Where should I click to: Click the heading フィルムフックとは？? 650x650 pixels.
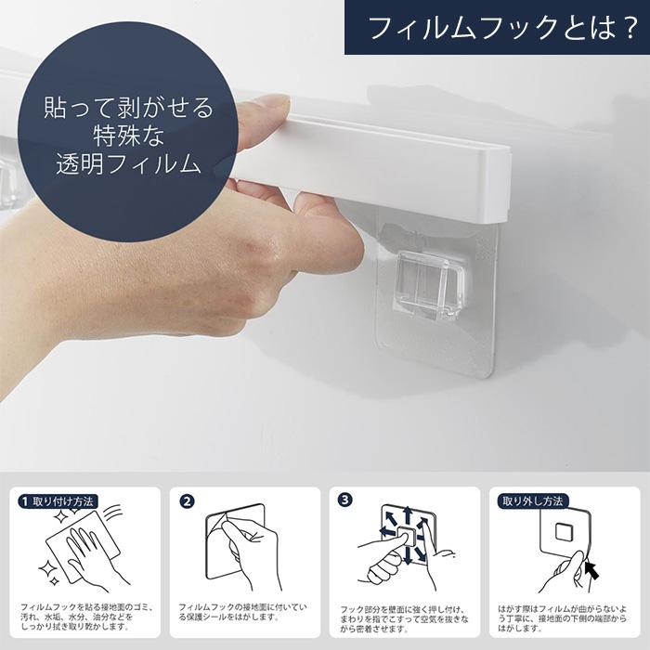pos(500,28)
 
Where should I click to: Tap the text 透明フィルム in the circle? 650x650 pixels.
pos(128,165)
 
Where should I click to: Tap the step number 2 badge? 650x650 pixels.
pos(188,500)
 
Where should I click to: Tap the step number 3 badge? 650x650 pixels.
pos(345,500)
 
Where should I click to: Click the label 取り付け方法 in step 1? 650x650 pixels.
pos(63,500)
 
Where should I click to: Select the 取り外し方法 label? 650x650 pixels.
pos(533,500)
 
